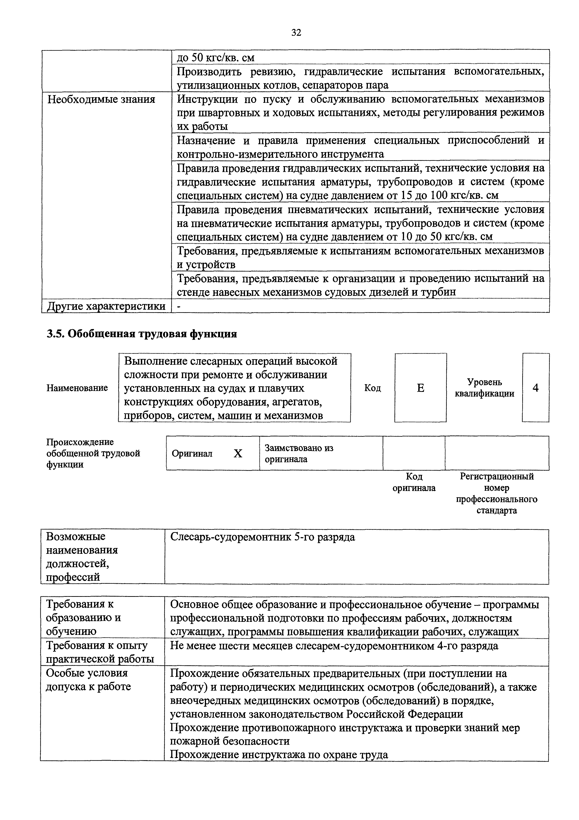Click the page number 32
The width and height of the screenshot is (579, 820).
tap(296, 33)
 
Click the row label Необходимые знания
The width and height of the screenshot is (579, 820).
tap(101, 99)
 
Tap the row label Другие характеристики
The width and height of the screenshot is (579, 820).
tap(106, 306)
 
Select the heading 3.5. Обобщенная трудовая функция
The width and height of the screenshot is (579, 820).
tap(142, 333)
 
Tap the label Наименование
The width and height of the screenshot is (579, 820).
tap(77, 388)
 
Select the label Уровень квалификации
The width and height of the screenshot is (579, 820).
tap(484, 388)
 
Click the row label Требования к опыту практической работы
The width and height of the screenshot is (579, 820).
tap(100, 652)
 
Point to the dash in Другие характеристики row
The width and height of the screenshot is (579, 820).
tap(179, 306)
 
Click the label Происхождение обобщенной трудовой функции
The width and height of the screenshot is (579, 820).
tap(93, 453)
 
